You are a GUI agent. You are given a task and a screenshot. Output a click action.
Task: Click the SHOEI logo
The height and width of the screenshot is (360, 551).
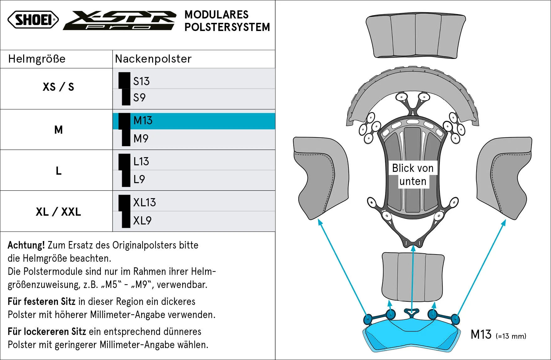click(33, 20)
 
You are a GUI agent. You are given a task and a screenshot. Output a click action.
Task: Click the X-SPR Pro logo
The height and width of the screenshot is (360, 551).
click(120, 20)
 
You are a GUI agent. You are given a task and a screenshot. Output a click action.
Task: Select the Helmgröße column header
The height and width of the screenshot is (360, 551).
click(37, 59)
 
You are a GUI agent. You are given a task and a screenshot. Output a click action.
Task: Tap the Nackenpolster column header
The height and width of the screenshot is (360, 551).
click(153, 59)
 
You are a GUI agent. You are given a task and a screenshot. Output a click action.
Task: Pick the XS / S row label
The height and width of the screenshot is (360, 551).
click(59, 87)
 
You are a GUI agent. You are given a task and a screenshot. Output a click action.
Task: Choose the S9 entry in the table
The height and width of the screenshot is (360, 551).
click(139, 98)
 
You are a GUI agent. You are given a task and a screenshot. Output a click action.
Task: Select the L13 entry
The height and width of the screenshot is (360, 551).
click(141, 162)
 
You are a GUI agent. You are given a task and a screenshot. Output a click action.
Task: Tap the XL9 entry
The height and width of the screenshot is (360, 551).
click(142, 221)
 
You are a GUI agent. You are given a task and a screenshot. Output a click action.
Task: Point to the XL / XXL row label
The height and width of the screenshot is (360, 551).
click(59, 212)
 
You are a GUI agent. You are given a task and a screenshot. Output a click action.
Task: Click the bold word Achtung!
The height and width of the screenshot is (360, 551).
click(26, 245)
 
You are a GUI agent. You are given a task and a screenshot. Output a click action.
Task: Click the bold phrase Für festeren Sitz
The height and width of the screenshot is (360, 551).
click(42, 301)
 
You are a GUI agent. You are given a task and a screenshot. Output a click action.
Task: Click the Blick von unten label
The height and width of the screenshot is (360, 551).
click(413, 175)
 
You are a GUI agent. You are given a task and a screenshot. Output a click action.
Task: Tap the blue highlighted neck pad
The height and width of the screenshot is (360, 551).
click(412, 335)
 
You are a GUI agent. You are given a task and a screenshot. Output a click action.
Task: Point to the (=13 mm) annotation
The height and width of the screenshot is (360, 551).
click(511, 336)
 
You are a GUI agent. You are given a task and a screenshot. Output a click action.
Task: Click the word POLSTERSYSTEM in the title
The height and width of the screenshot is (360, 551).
click(227, 27)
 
